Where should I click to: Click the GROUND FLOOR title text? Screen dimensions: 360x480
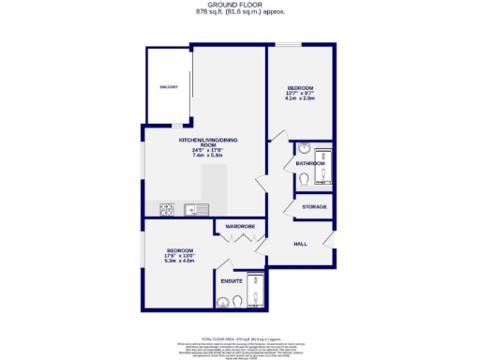click(x=240, y=5)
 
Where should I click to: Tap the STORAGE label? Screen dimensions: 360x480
click(x=313, y=206)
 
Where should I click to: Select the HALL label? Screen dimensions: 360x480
click(x=300, y=243)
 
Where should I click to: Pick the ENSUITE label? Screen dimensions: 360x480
click(x=232, y=280)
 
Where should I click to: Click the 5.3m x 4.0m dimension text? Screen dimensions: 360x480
click(x=180, y=261)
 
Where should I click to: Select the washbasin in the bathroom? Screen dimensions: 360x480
click(x=305, y=149)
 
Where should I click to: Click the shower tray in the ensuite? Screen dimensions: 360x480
click(x=254, y=290)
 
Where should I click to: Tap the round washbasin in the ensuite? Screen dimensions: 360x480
click(x=221, y=301)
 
